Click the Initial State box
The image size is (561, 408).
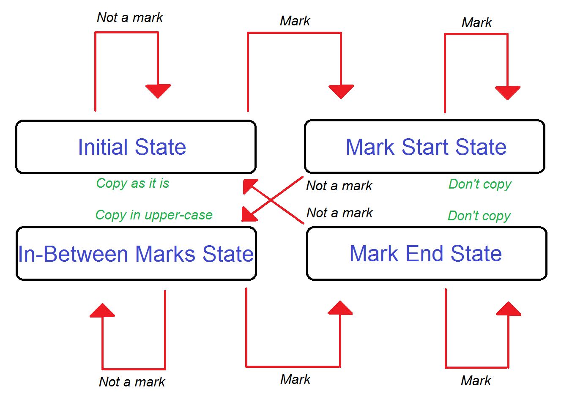point(136,147)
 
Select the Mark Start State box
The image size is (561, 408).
point(424,147)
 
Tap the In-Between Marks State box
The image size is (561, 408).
point(136,254)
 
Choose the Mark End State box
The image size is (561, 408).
point(426,254)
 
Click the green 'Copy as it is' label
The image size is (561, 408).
point(133,183)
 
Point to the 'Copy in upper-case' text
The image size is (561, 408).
point(154,215)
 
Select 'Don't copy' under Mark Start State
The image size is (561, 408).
point(480,184)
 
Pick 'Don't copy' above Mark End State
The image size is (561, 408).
point(479,216)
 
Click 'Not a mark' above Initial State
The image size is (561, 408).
point(130,18)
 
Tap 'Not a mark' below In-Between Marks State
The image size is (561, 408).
point(132,382)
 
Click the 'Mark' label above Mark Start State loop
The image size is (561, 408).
point(476,22)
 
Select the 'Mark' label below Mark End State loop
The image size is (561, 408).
point(476,381)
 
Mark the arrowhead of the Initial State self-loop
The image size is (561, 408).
point(158,90)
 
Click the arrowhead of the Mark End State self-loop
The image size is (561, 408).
point(508,309)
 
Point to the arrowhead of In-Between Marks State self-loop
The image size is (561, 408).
point(102,311)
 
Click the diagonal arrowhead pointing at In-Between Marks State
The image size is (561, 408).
point(248,215)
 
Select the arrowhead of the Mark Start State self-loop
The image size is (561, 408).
point(507,92)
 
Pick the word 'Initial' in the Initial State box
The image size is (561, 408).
point(103,147)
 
